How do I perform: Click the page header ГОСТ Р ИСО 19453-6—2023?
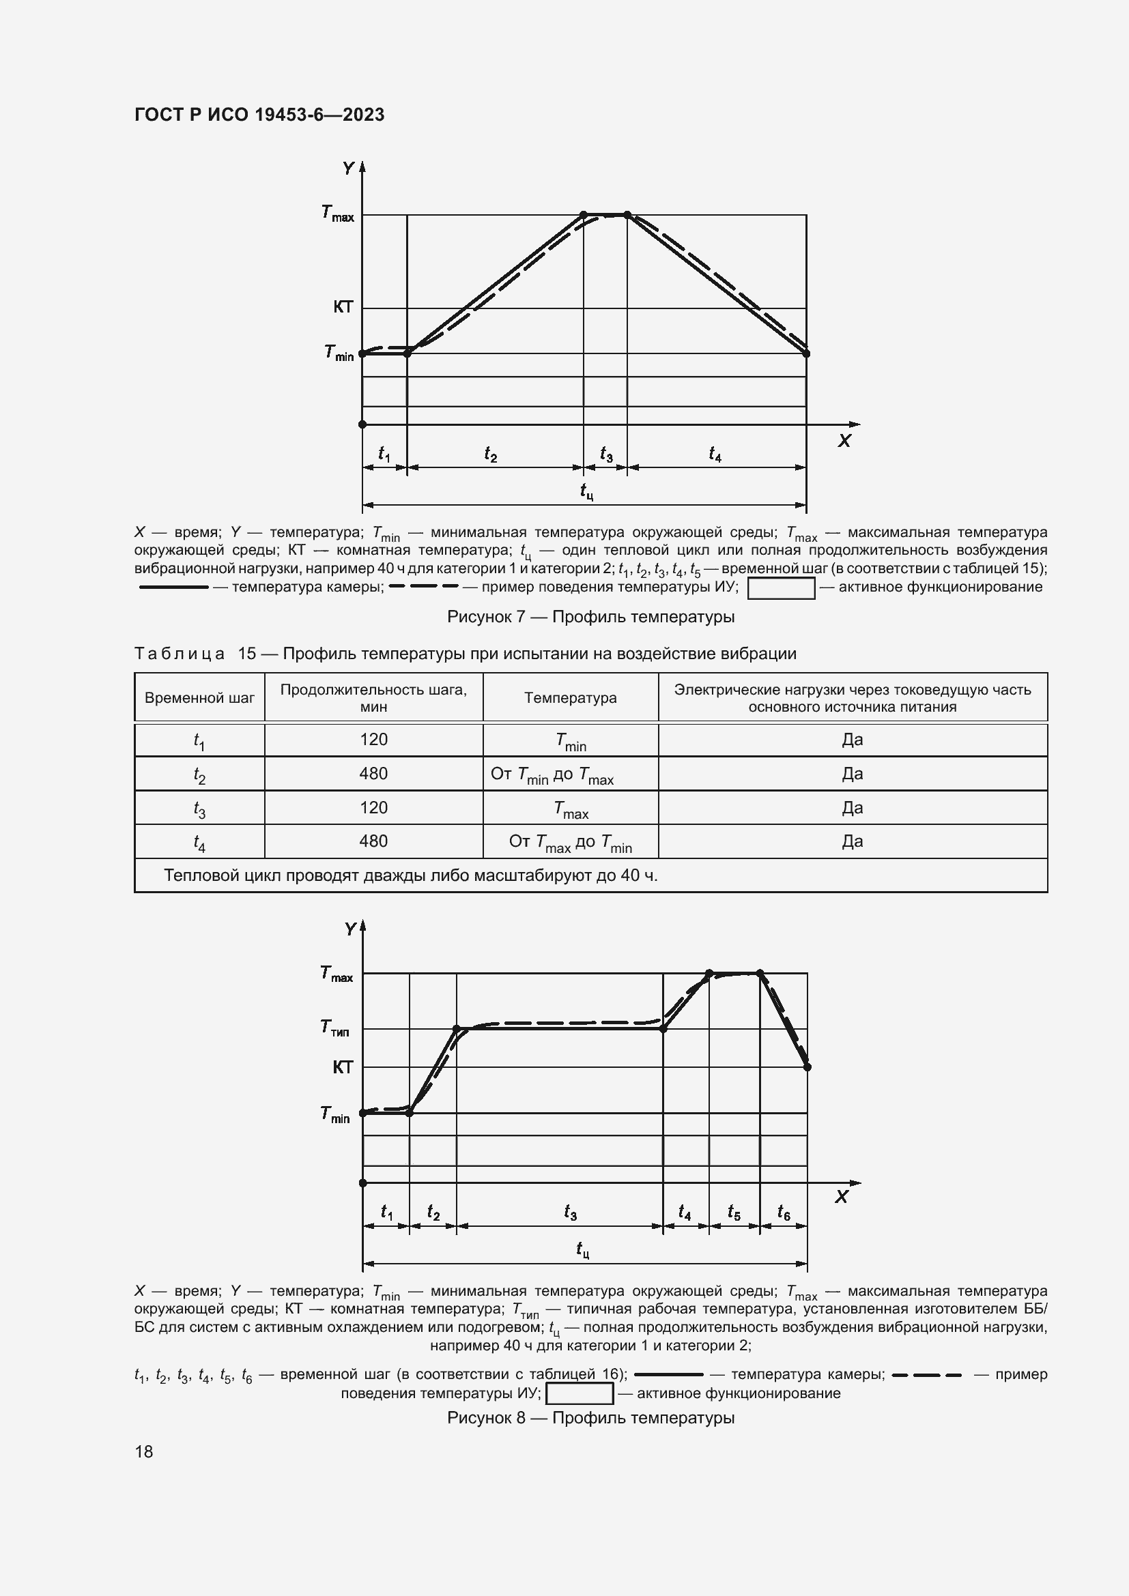point(259,115)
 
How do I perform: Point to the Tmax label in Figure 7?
point(338,214)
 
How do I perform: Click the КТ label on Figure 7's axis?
point(343,307)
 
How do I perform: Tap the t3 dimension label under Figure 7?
point(606,455)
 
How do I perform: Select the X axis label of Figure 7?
point(844,441)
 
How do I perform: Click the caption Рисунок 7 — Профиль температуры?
point(590,617)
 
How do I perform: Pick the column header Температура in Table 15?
point(570,698)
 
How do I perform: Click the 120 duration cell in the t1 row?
point(373,740)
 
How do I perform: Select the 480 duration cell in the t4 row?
point(373,841)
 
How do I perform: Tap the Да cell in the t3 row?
point(853,808)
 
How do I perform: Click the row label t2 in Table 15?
point(199,775)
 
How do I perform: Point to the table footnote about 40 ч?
point(411,875)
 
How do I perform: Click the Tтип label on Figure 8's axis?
point(335,1028)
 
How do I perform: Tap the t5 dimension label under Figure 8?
point(733,1213)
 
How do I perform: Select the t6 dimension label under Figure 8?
point(784,1213)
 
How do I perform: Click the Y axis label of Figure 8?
point(349,929)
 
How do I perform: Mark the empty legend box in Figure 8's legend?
point(579,1394)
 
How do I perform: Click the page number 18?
point(144,1451)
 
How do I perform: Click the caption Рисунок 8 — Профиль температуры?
point(590,1418)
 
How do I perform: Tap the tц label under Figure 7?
point(586,492)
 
